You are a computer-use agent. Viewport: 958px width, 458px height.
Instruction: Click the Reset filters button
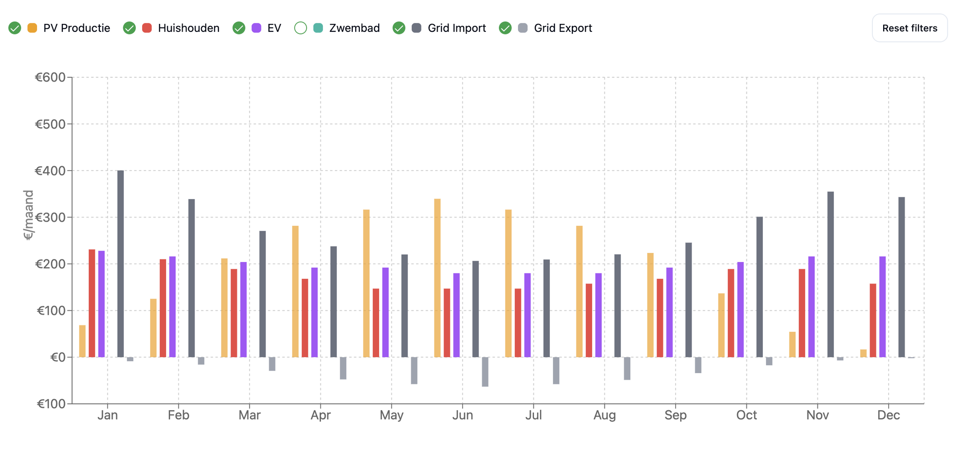pyautogui.click(x=909, y=28)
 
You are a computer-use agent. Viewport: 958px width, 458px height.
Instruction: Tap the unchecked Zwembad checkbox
pyautogui.click(x=300, y=28)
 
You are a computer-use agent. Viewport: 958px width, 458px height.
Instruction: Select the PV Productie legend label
pyautogui.click(x=76, y=28)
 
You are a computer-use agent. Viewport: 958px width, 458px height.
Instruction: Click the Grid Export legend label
pyautogui.click(x=562, y=28)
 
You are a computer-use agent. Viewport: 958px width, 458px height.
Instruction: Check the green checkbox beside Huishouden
pyautogui.click(x=130, y=28)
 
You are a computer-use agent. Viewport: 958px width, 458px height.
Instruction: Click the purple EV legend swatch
pyautogui.click(x=256, y=28)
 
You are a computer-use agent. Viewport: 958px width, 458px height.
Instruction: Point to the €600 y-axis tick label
pyautogui.click(x=50, y=77)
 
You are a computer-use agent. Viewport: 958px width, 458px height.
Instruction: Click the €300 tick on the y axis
pyautogui.click(x=50, y=218)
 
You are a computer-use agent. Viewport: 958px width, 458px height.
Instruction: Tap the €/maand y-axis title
pyautogui.click(x=28, y=215)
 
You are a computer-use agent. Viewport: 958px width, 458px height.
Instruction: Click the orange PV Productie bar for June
pyautogui.click(x=438, y=278)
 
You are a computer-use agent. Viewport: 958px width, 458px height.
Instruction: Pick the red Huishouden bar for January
pyautogui.click(x=92, y=303)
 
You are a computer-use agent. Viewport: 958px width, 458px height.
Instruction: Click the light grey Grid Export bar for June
pyautogui.click(x=485, y=372)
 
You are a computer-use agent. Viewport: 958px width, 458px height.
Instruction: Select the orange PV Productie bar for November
pyautogui.click(x=792, y=344)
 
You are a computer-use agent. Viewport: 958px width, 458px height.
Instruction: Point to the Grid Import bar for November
pyautogui.click(x=831, y=274)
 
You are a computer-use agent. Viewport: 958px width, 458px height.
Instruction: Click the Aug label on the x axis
pyautogui.click(x=604, y=415)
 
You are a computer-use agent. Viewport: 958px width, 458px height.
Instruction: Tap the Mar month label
pyautogui.click(x=249, y=415)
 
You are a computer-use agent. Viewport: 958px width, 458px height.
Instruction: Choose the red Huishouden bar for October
pyautogui.click(x=731, y=313)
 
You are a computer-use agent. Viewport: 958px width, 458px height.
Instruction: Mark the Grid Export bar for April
pyautogui.click(x=343, y=368)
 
